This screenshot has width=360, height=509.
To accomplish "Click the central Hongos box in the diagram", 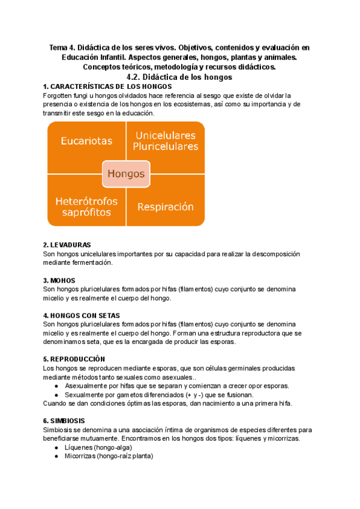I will tap(126, 174).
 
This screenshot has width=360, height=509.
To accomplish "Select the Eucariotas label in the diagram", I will tap(86, 141).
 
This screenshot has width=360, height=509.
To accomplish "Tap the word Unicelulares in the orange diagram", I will tap(166, 135).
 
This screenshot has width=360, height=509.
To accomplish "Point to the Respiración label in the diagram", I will tap(166, 207).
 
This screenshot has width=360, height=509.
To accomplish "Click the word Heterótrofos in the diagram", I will tap(86, 200).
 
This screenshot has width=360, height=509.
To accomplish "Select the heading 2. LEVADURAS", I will tap(67, 245).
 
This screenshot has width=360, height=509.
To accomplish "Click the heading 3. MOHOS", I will tap(59, 280).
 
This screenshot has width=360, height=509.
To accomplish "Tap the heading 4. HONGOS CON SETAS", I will tap(82, 315).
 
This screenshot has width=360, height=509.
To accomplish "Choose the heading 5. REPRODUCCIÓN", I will tap(74, 359).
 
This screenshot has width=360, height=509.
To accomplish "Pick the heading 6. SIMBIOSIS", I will tap(64, 421).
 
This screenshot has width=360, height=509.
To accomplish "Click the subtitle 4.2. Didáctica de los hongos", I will tap(180, 77).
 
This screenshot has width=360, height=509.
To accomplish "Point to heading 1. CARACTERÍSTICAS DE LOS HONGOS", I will tap(103, 86).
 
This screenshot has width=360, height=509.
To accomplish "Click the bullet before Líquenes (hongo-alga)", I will tap(56, 448).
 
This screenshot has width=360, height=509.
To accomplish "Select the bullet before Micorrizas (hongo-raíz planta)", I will tap(56, 456).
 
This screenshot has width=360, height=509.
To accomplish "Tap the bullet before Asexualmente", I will tap(56, 386).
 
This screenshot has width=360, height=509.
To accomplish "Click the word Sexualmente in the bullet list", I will tap(84, 395).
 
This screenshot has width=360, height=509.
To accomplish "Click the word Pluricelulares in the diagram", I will tap(166, 146).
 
